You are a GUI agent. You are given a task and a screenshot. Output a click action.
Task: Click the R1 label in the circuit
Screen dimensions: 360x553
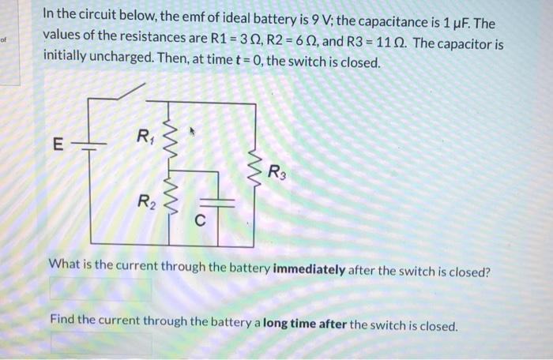click(x=145, y=137)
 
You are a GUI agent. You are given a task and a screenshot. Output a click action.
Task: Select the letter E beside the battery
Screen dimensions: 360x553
click(x=56, y=145)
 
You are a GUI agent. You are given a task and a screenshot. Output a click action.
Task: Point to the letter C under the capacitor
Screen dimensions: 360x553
click(x=201, y=222)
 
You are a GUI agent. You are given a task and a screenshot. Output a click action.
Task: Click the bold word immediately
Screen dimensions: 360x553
click(x=309, y=270)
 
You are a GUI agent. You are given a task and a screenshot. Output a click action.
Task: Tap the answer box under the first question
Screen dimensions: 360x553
click(x=100, y=290)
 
